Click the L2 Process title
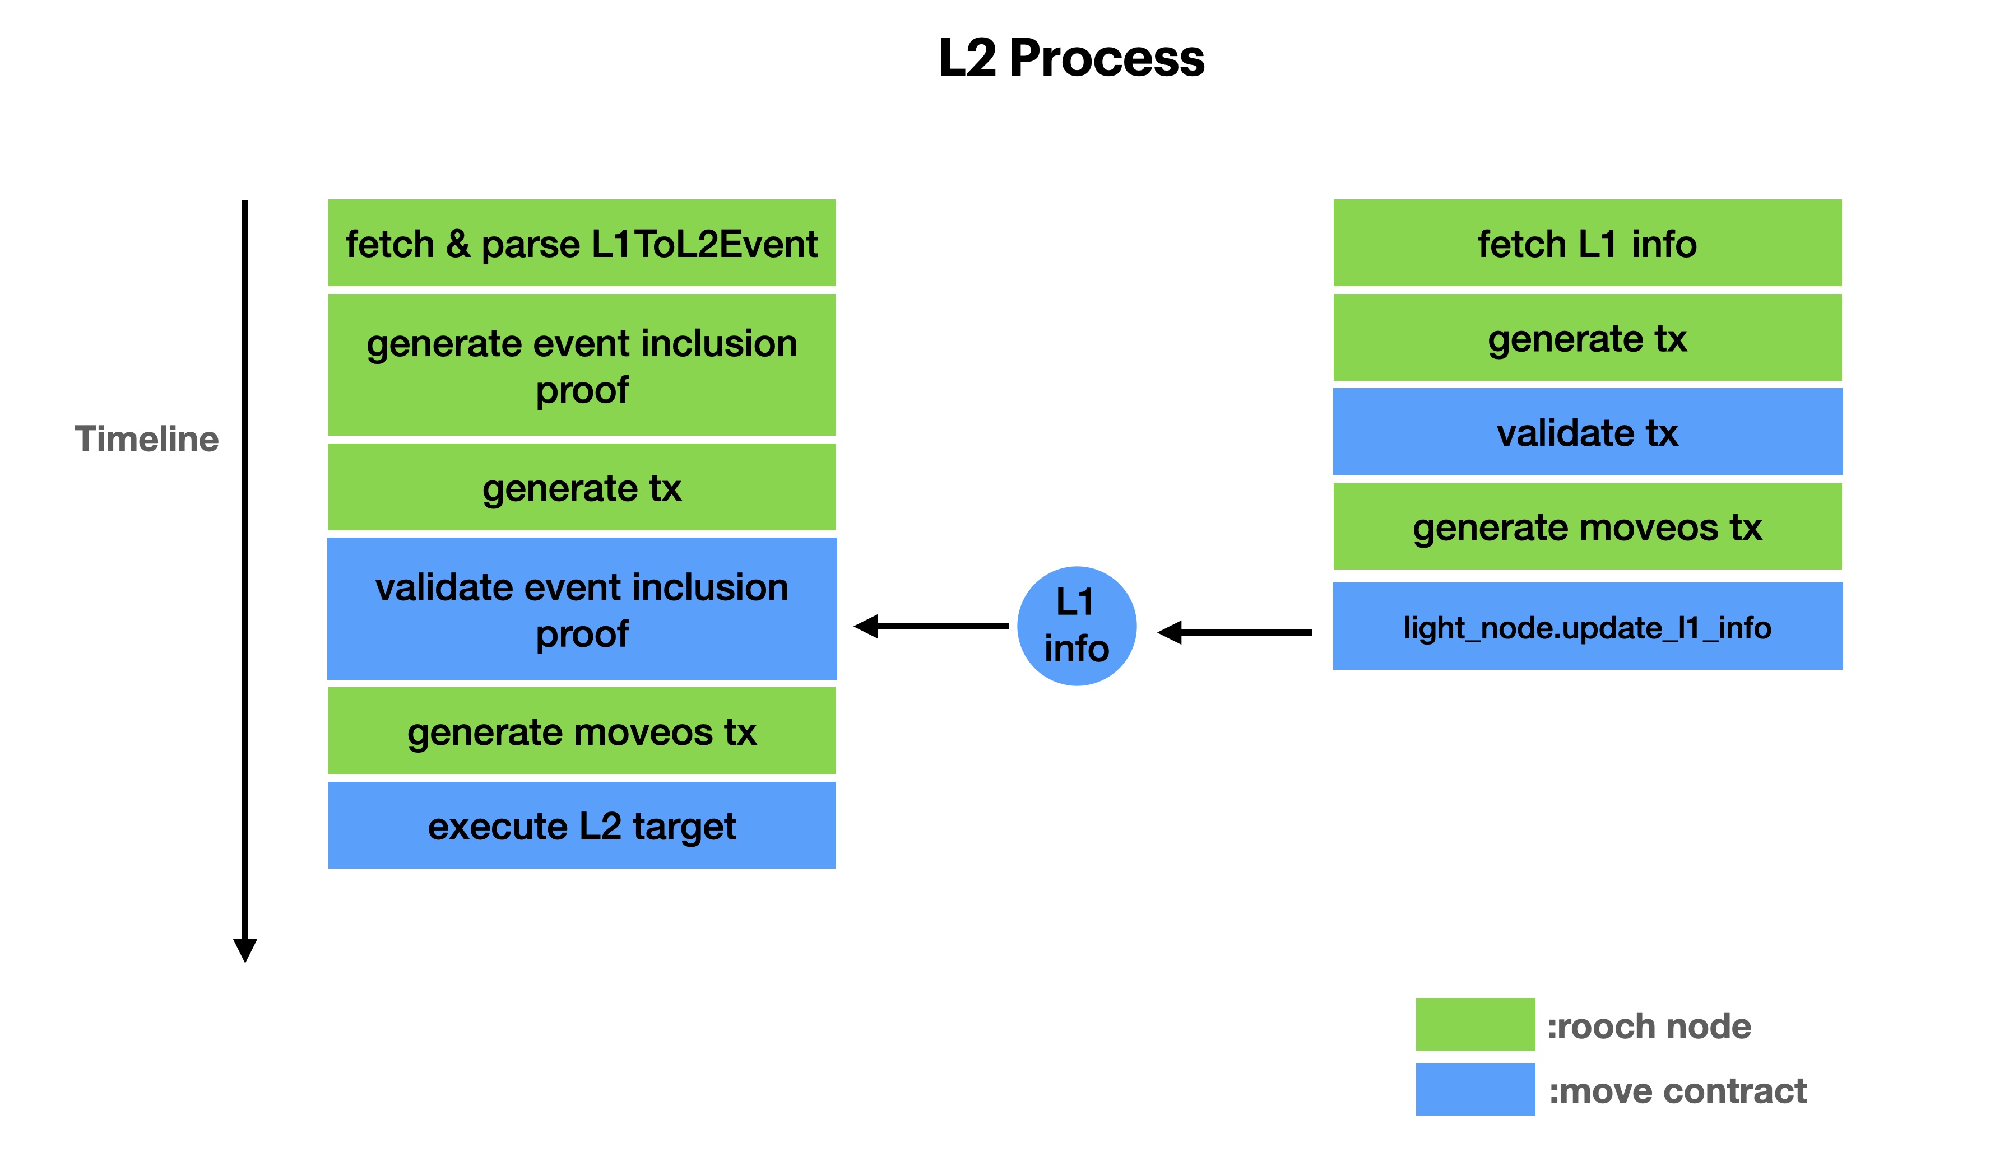point(1070,58)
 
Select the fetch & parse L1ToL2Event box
point(582,243)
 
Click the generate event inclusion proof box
point(582,365)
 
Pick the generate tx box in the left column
point(582,487)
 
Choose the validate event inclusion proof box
point(582,609)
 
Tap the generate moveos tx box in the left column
point(582,730)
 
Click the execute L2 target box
point(582,825)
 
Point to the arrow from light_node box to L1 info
point(1235,632)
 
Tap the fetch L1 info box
point(1586,243)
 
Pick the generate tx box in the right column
point(1586,338)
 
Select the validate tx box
point(1586,432)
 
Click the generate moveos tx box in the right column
point(1586,526)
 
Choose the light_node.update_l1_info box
point(1586,627)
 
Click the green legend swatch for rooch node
point(1475,1024)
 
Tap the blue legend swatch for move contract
point(1475,1089)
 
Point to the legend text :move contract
point(1677,1090)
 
